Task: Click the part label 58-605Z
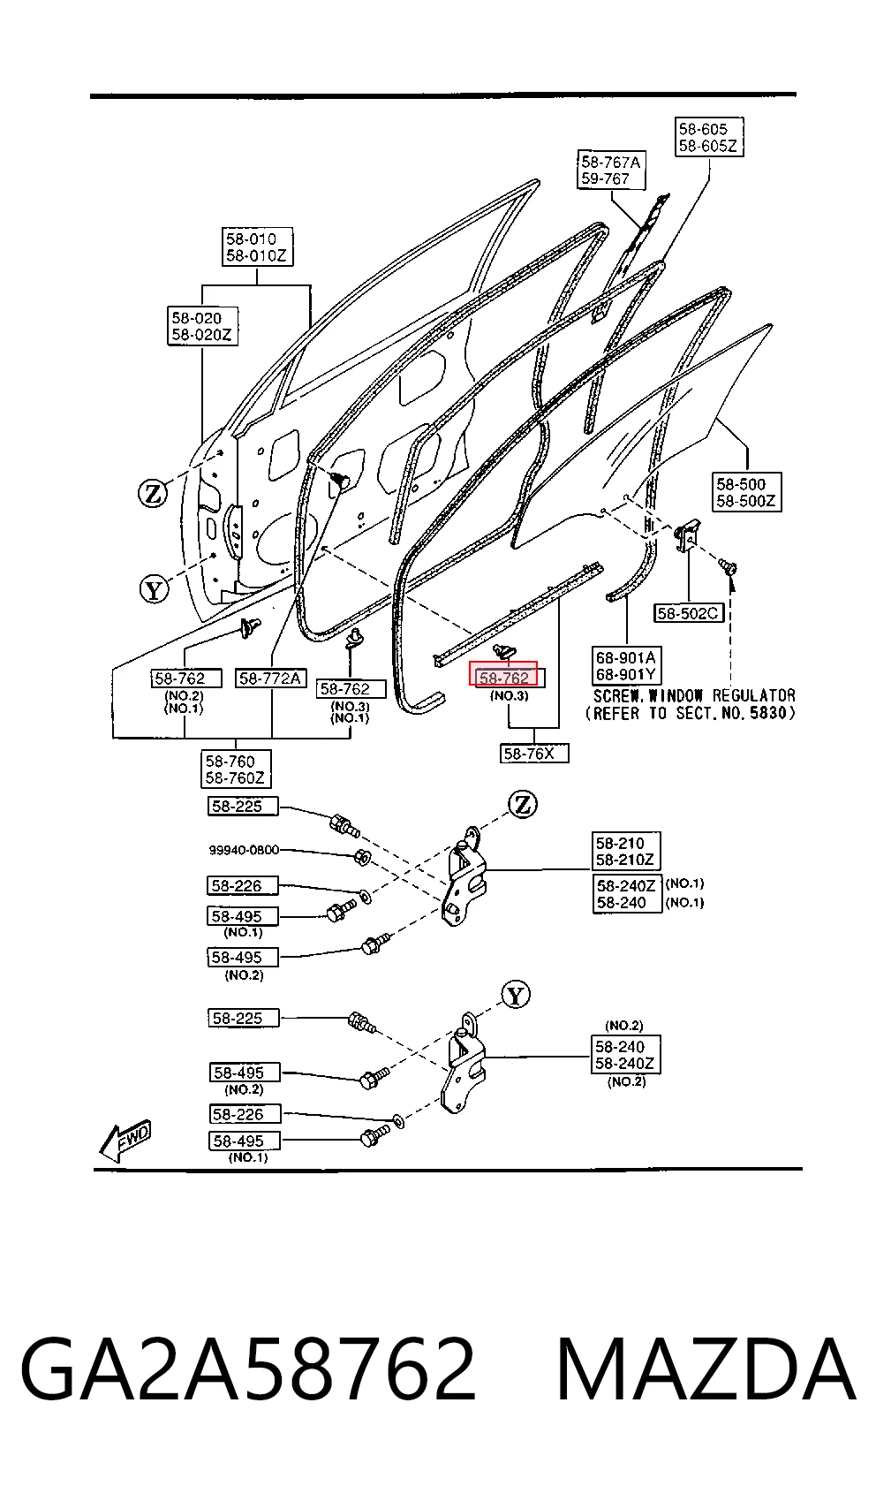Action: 707,146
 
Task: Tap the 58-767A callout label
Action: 611,161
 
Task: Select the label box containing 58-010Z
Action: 257,246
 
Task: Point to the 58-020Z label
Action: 201,334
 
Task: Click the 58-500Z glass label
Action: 745,501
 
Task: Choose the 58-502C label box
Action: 688,613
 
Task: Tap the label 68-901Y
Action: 625,675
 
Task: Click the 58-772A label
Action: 270,678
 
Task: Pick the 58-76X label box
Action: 534,754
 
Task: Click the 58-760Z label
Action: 235,777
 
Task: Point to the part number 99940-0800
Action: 244,850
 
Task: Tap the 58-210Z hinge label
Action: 624,860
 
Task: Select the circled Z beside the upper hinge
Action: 523,805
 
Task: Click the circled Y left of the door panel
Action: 154,589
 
